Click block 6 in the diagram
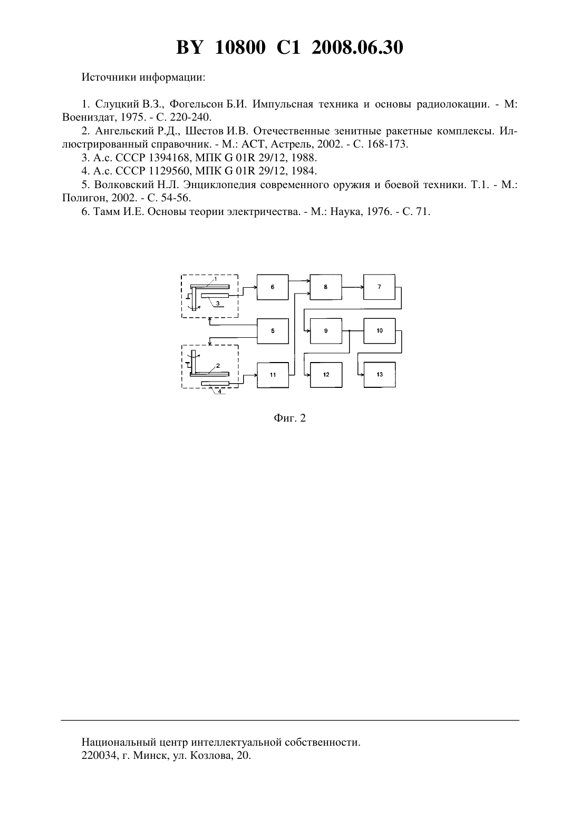coord(273,287)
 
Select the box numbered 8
coord(326,287)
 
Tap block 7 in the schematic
coord(379,287)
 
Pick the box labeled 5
coord(273,331)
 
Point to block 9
coord(326,331)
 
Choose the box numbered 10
coord(379,331)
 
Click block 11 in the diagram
coord(273,375)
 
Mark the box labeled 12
coord(326,375)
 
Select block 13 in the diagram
coord(379,375)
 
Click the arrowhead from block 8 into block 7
coord(361,287)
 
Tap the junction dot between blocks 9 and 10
coord(350,331)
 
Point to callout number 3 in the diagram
coord(217,303)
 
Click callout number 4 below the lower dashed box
coord(220,391)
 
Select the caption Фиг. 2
coord(289,418)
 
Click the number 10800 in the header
coord(240,47)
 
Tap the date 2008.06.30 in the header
coord(357,47)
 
